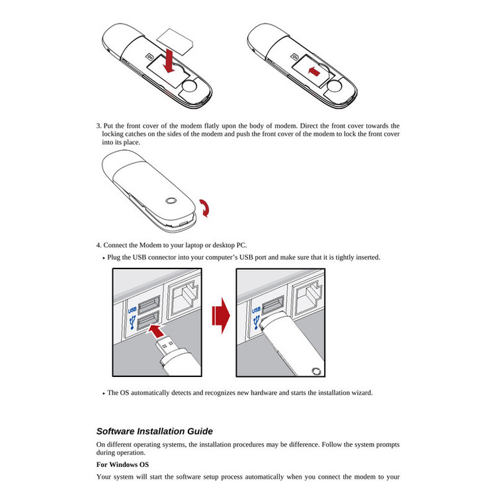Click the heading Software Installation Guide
[154, 431]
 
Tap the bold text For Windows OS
[122, 465]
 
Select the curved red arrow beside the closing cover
[208, 209]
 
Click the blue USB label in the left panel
[132, 310]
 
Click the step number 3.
[99, 126]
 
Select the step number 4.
[99, 245]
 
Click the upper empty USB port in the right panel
[272, 307]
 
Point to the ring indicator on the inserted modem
[315, 372]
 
